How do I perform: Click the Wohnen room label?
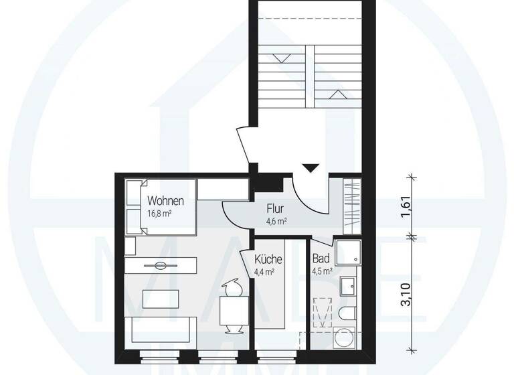(165, 200)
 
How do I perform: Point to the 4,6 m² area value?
(276, 221)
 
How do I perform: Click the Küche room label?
(268, 260)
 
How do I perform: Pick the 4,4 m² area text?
(266, 273)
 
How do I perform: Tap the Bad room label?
(319, 259)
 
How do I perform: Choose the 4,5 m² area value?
(321, 272)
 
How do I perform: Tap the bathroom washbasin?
(349, 287)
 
